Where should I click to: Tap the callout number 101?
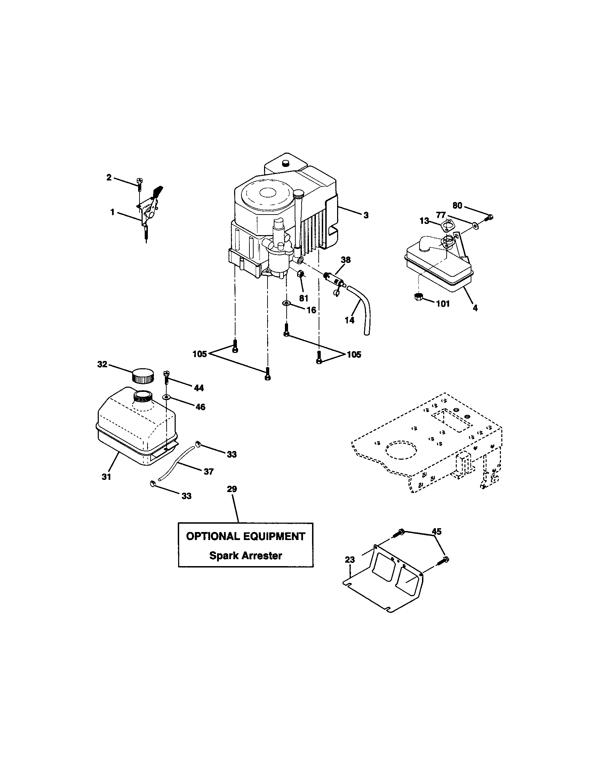coord(443,304)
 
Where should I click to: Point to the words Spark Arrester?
coord(246,556)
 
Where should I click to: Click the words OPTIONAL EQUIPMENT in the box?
coord(246,536)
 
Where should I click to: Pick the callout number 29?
coord(232,489)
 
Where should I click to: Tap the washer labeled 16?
coord(287,303)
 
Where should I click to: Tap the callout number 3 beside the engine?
coord(366,215)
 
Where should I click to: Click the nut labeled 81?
coord(301,274)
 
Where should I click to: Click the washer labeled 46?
coord(166,397)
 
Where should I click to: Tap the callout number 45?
coord(437,531)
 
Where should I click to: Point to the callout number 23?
coord(350,560)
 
